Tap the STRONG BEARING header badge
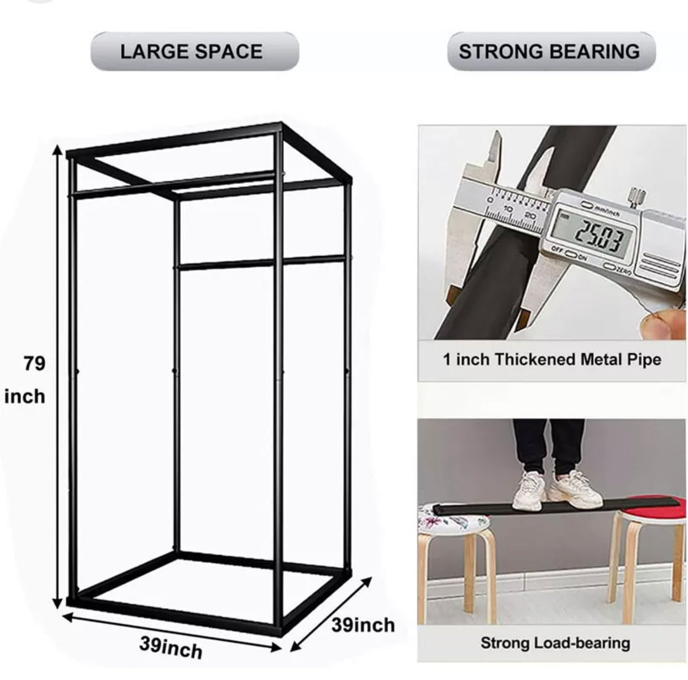[549, 52]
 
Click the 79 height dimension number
[35, 363]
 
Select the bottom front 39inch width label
[171, 647]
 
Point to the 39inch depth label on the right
[363, 624]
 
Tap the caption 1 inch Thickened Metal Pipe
[551, 359]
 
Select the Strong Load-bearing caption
[555, 643]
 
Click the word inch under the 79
[24, 396]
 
